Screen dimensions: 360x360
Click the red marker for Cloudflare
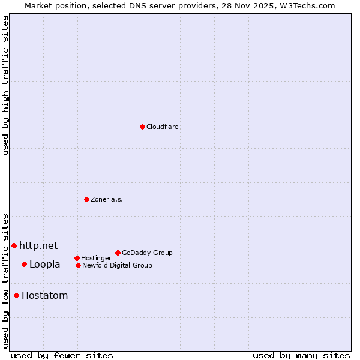point(142,127)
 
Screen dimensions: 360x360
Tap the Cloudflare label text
point(163,127)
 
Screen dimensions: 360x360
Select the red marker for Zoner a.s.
point(86,199)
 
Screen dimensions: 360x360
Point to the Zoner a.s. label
point(107,200)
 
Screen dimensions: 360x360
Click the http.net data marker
point(14,245)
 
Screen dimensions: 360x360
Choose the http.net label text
point(38,245)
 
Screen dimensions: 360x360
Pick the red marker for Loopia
point(24,264)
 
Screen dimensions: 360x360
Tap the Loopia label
point(45,265)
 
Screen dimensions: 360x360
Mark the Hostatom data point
point(16,295)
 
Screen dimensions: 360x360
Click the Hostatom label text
point(45,296)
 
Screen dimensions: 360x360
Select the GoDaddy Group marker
point(118,253)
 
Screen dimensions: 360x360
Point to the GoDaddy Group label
point(147,253)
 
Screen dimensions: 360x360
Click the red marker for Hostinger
point(77,258)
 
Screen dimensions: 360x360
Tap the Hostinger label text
point(96,259)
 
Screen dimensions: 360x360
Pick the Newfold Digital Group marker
point(78,265)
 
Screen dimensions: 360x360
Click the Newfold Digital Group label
point(117,266)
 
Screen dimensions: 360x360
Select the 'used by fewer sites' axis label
point(62,355)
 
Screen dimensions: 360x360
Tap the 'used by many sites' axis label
point(301,355)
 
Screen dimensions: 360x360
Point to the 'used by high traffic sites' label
point(5,85)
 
